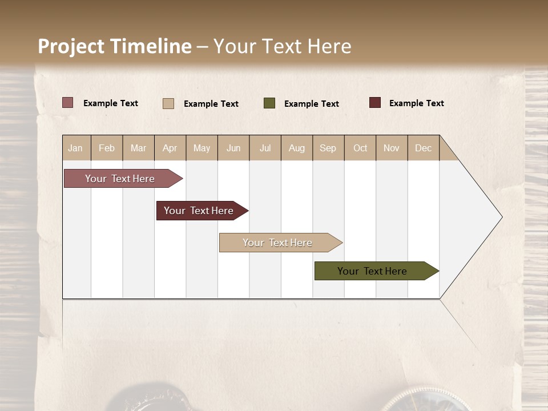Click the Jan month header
[x=76, y=148]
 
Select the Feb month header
[x=107, y=148]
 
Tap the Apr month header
[x=170, y=148]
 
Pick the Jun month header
[x=233, y=148]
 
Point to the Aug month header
[x=297, y=148]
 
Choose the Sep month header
[x=328, y=148]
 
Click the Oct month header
[x=360, y=148]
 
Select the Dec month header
[x=424, y=148]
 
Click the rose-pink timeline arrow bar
[x=120, y=179]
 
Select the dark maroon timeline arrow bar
[x=199, y=211]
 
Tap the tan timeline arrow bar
[x=278, y=243]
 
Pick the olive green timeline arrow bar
[x=373, y=271]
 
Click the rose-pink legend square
[x=68, y=103]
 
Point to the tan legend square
[x=168, y=103]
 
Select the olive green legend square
[x=269, y=103]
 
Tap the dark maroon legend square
[x=375, y=103]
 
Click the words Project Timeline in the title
[x=115, y=46]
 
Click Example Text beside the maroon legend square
[x=417, y=103]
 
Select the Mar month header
[x=139, y=148]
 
